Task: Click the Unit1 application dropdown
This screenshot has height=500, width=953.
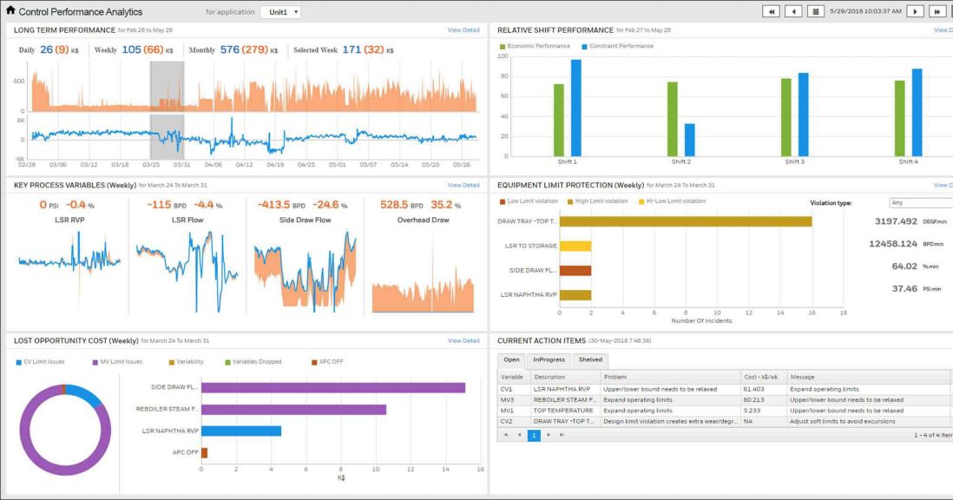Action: [281, 12]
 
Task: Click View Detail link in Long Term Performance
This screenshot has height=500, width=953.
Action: [463, 30]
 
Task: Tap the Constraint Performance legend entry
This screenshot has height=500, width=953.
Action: [621, 46]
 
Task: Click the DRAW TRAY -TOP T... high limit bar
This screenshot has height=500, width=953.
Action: [686, 221]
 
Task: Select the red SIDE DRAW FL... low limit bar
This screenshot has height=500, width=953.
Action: [575, 270]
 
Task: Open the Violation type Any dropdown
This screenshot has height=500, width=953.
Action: [920, 202]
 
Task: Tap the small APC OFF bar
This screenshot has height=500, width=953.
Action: [204, 452]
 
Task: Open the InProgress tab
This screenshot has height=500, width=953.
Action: [549, 359]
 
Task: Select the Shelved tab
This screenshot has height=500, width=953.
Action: [589, 359]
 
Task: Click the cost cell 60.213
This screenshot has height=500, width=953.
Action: [753, 399]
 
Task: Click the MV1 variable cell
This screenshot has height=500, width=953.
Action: [505, 410]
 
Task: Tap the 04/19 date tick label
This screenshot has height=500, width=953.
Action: [275, 164]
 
